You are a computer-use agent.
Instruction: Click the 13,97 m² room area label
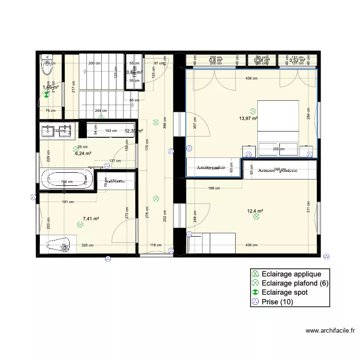[x=249, y=118]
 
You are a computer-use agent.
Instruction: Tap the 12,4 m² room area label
[x=255, y=211]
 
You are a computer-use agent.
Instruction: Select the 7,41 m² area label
[x=91, y=219]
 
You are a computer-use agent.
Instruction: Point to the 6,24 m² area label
[x=83, y=154]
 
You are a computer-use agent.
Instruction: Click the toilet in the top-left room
[x=47, y=68]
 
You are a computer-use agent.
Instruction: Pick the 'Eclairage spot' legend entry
[x=285, y=292]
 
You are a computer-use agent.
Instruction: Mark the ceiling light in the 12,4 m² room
[x=256, y=217]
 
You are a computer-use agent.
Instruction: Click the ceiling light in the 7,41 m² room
[x=80, y=224]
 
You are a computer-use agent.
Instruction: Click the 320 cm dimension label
[x=87, y=245]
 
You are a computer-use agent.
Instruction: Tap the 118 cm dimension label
[x=156, y=245]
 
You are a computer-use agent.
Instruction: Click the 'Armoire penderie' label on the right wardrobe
[x=277, y=170]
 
